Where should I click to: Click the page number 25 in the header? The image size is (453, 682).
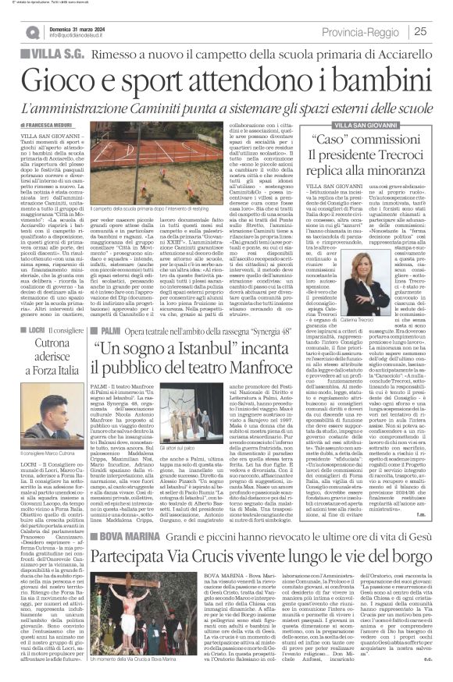(439, 31)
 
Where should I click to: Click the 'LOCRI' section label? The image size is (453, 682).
(41, 331)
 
